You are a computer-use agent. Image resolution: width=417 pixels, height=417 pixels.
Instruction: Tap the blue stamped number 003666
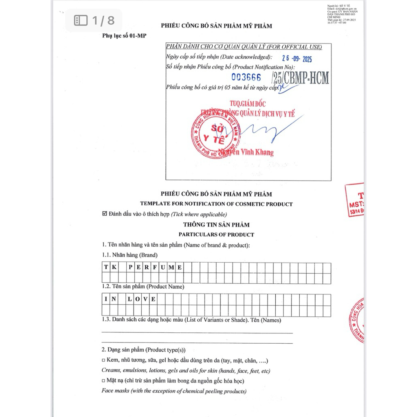tap(246, 77)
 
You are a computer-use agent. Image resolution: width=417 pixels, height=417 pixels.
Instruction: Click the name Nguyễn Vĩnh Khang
tap(246, 153)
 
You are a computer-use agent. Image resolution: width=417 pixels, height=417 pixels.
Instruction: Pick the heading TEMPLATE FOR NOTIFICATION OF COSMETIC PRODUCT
tap(216, 204)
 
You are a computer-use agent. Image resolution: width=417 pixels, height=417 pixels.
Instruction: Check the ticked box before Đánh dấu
tap(105, 214)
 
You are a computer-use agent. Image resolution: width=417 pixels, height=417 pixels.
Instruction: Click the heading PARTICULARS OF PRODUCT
tap(216, 235)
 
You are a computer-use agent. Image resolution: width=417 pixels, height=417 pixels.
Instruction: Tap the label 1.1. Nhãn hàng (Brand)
tap(129, 255)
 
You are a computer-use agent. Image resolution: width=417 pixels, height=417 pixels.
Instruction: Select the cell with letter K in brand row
tap(114, 268)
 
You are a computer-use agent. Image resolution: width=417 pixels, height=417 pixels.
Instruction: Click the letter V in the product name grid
tap(145, 299)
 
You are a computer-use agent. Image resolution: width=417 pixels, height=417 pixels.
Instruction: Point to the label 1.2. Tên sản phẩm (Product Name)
tap(143, 287)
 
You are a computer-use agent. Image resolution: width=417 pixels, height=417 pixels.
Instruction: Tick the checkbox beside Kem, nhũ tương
tap(103, 361)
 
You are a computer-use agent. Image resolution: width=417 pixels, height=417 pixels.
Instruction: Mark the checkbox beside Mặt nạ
tap(103, 381)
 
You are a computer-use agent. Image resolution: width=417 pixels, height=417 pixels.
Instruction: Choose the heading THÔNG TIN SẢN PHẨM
tap(216, 224)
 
